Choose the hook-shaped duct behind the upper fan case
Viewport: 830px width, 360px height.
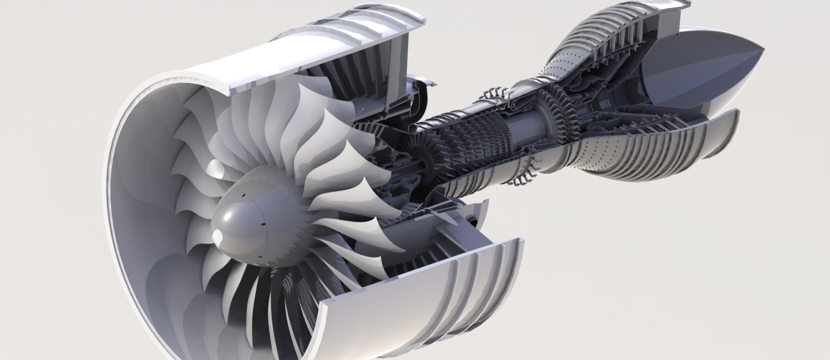click(420, 91)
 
